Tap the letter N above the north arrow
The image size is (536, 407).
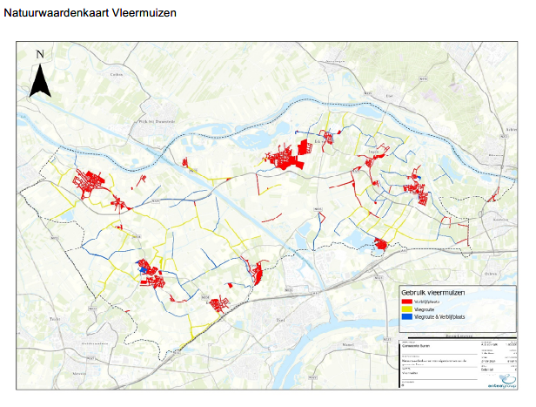[x=39, y=55]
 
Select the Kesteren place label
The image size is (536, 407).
[x=499, y=220]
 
